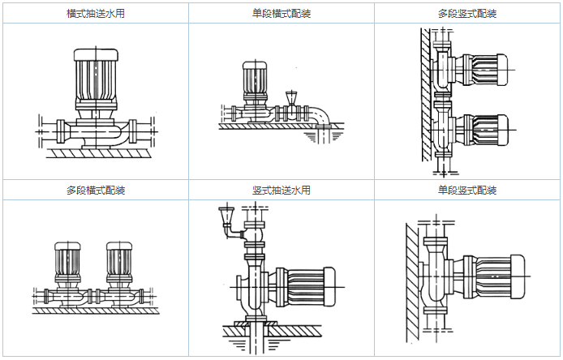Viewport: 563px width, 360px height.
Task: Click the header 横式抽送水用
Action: click(x=96, y=13)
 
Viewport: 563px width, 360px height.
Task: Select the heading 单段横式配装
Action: click(x=281, y=13)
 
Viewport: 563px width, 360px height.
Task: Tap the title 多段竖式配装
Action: click(x=466, y=13)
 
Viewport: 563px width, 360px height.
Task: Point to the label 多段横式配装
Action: click(x=96, y=191)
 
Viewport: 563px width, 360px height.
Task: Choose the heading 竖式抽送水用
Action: click(x=281, y=191)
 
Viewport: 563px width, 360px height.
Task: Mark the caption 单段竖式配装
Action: click(x=466, y=191)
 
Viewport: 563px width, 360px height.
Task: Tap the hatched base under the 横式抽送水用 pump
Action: click(x=96, y=152)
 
